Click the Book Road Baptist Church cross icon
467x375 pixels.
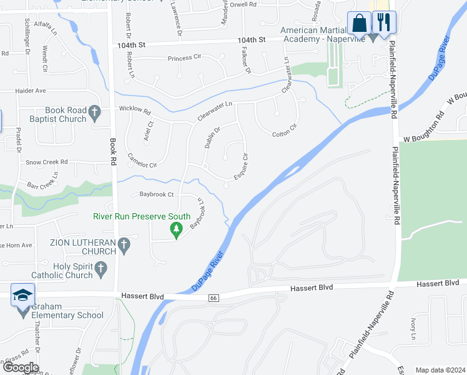coord(94,113)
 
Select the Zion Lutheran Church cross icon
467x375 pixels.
coord(124,246)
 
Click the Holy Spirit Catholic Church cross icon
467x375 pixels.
coord(101,270)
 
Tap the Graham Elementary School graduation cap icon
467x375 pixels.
coord(23,296)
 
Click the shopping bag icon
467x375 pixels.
coord(359,23)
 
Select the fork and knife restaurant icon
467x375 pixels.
coord(383,23)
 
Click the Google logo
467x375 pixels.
coord(20,367)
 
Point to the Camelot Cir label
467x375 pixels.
coord(142,161)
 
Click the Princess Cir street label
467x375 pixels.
coord(185,59)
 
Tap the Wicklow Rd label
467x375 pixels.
coord(135,112)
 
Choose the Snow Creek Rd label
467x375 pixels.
coord(46,162)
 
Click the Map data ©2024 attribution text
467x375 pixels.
coord(440,370)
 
